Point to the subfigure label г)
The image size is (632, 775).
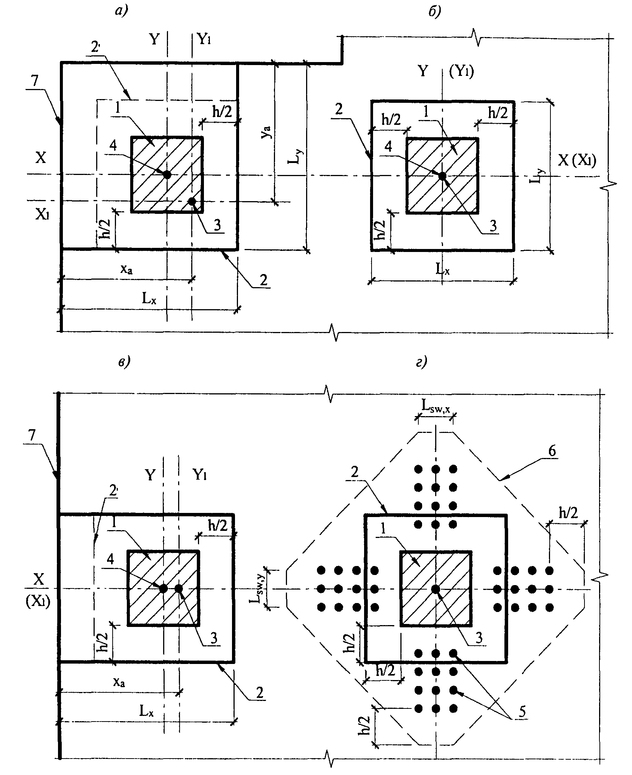point(422,362)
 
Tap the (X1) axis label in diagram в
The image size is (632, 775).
point(38,603)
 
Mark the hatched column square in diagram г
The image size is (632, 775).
point(435,588)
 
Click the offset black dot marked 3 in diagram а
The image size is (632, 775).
point(192,202)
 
